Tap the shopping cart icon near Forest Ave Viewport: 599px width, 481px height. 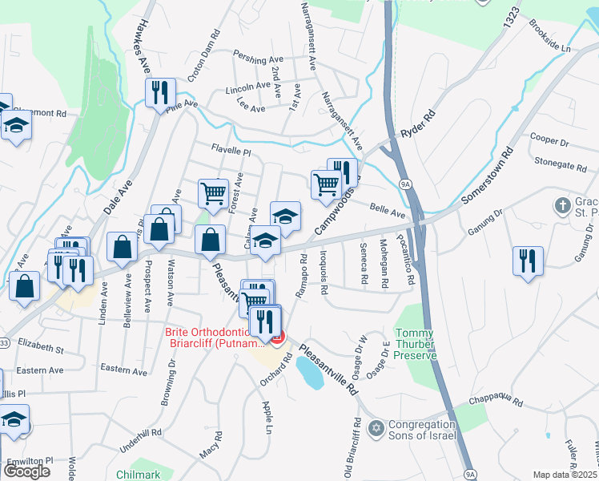pyautogui.click(x=213, y=192)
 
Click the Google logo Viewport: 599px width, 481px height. pyautogui.click(x=26, y=471)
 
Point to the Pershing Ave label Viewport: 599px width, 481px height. pyautogui.click(x=258, y=59)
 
